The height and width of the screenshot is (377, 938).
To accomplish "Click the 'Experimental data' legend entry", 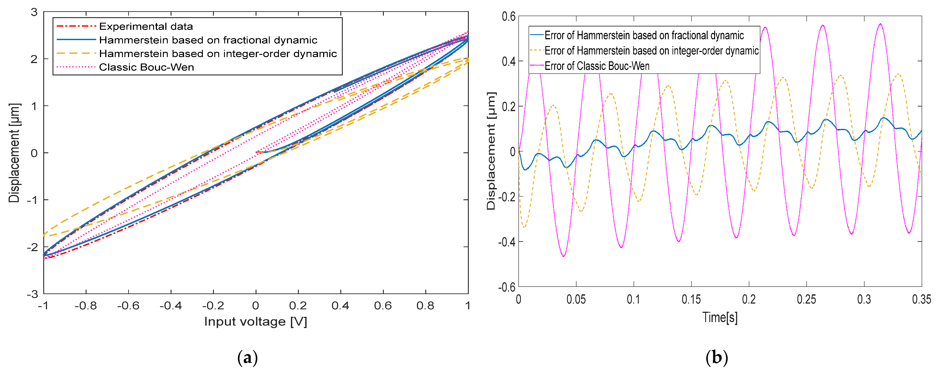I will (146, 26).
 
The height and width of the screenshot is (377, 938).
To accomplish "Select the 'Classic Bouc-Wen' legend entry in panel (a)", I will (146, 67).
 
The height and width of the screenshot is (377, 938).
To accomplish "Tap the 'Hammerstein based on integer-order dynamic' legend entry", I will (218, 54).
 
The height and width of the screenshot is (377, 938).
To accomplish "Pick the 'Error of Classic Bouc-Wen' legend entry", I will (596, 66).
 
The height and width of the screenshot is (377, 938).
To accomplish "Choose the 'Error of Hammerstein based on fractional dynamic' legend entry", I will (644, 35).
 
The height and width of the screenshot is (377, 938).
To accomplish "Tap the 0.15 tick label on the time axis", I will (691, 299).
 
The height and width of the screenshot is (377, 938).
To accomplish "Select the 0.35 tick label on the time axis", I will (921, 299).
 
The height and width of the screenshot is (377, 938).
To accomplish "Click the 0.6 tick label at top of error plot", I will (508, 16).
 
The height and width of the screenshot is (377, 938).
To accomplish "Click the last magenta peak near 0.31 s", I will (880, 24).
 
